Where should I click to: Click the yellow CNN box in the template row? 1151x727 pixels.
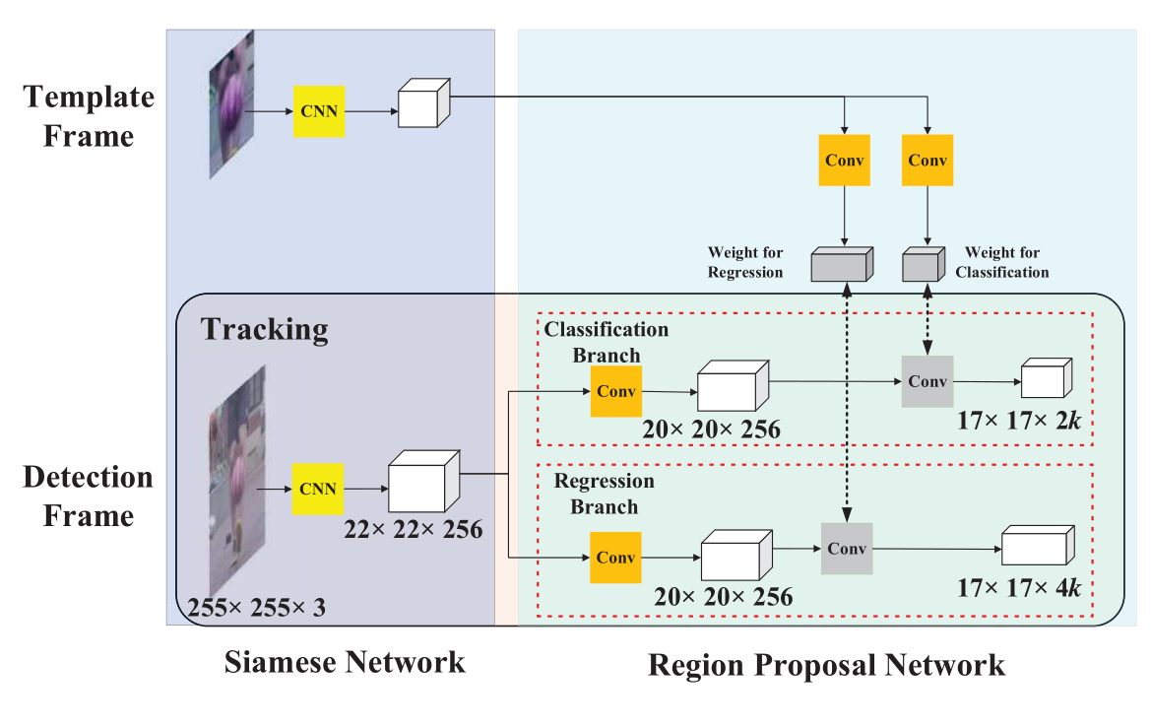pyautogui.click(x=318, y=110)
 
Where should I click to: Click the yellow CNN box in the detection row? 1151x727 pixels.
pyautogui.click(x=318, y=489)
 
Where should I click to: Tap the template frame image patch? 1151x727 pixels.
pyautogui.click(x=224, y=104)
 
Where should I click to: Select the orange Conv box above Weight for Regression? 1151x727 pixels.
pyautogui.click(x=845, y=160)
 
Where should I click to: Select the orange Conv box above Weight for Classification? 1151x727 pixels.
pyautogui.click(x=927, y=160)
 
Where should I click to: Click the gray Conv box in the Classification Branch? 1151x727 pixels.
pyautogui.click(x=927, y=380)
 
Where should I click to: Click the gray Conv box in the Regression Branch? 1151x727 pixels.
pyautogui.click(x=847, y=549)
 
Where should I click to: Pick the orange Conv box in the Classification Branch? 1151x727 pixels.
pyautogui.click(x=615, y=390)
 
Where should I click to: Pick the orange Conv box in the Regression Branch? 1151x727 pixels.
pyautogui.click(x=615, y=557)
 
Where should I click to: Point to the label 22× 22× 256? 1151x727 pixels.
pyautogui.click(x=414, y=529)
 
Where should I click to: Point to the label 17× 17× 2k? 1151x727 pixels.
pyautogui.click(x=1018, y=422)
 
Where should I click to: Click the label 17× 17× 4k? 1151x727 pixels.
pyautogui.click(x=1019, y=589)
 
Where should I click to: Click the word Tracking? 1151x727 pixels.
pyautogui.click(x=265, y=328)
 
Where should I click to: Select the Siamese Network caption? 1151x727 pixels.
pyautogui.click(x=345, y=661)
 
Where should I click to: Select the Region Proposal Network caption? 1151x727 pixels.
pyautogui.click(x=826, y=665)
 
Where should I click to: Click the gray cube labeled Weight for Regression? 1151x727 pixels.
pyautogui.click(x=841, y=265)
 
